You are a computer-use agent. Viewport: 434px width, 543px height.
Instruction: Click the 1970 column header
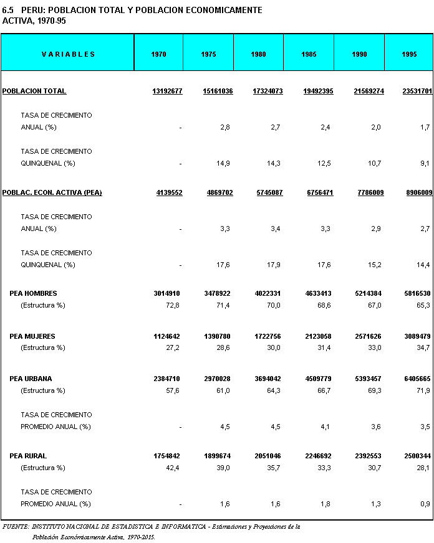click(x=159, y=54)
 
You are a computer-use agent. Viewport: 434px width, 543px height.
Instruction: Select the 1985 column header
click(x=309, y=54)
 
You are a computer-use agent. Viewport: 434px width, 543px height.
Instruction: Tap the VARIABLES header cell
click(x=68, y=54)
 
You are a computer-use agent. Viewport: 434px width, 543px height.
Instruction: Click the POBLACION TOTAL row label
click(x=34, y=91)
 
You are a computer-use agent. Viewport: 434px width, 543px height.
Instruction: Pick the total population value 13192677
click(x=167, y=91)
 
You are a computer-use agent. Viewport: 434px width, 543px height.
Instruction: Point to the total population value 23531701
click(x=417, y=91)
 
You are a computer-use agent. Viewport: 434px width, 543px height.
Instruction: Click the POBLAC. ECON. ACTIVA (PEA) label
click(x=52, y=193)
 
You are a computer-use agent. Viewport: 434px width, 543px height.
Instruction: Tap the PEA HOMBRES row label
click(x=33, y=293)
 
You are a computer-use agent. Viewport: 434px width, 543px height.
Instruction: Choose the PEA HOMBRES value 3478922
click(x=218, y=293)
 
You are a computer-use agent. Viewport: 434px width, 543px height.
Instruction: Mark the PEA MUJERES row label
click(x=32, y=336)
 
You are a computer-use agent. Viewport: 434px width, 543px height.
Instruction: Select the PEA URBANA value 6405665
click(x=417, y=379)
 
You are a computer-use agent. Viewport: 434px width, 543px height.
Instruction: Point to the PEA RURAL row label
click(x=28, y=456)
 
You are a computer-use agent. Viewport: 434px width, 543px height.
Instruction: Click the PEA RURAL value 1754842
click(x=168, y=456)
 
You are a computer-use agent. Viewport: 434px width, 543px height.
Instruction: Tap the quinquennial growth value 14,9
click(x=225, y=164)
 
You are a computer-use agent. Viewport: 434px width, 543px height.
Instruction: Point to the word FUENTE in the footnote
click(x=14, y=527)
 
